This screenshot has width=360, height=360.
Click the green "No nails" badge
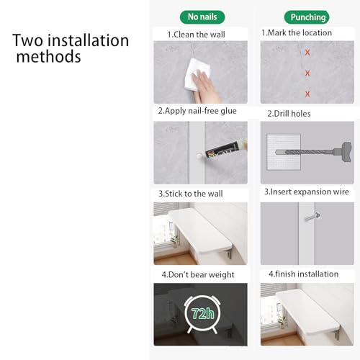tap(202, 17)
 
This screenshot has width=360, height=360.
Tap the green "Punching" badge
tap(307, 17)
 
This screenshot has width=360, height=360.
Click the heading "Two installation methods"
tap(71, 48)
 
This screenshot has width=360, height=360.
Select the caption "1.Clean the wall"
tap(196, 35)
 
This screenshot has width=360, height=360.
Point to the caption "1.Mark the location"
tap(297, 32)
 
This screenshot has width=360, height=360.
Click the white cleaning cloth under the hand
tap(197, 74)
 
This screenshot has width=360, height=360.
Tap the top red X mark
tap(307, 52)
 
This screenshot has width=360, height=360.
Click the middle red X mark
tap(307, 73)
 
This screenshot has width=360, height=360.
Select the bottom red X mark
tap(307, 94)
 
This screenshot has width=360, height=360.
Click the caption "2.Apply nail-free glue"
tap(197, 111)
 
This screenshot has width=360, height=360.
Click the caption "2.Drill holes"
tap(289, 114)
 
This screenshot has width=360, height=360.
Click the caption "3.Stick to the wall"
tap(191, 194)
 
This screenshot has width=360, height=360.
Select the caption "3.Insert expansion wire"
tap(307, 192)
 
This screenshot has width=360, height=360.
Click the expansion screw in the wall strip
tap(312, 217)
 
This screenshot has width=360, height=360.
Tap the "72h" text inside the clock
tap(202, 313)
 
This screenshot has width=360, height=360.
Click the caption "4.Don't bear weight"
tap(198, 274)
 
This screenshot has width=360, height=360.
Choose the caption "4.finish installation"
tap(303, 274)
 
